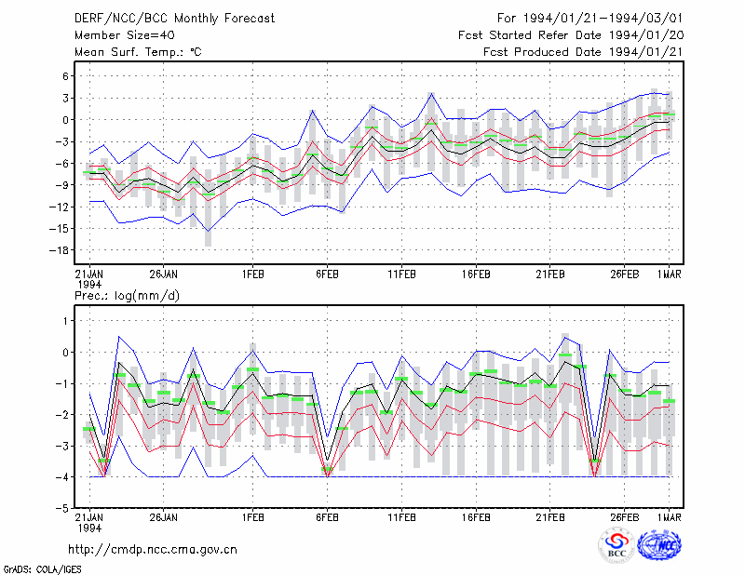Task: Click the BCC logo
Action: click(616, 546)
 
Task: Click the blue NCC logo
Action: click(659, 545)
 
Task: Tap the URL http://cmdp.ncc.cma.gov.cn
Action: click(153, 549)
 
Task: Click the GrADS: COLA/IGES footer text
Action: click(42, 569)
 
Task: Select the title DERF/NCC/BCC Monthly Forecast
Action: click(174, 19)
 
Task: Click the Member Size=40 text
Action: click(125, 35)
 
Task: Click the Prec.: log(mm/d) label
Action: click(127, 296)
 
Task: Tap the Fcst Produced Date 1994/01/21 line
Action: click(583, 52)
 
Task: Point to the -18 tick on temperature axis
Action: click(60, 250)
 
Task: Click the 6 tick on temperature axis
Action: click(65, 76)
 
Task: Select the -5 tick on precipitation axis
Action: click(62, 508)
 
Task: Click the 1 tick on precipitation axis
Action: click(66, 321)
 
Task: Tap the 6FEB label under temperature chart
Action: click(327, 274)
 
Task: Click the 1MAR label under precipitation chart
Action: click(669, 517)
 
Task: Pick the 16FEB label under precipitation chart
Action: click(476, 517)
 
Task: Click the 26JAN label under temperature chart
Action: click(164, 274)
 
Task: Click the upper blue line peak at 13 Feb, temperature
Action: click(431, 94)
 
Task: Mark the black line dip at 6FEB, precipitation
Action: click(327, 461)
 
